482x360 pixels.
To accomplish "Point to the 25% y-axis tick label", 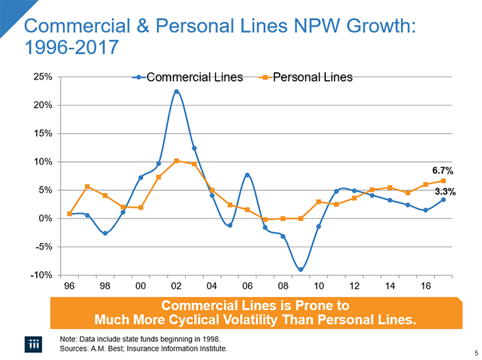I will tap(40, 77).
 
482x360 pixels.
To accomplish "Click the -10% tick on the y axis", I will tap(39, 275).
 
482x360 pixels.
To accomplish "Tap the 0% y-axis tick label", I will tap(43, 218).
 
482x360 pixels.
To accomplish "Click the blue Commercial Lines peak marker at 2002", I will tap(176, 91).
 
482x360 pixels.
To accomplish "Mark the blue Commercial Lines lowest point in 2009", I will tap(301, 270).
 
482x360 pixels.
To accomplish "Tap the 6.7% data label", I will tap(442, 171).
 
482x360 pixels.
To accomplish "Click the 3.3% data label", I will tap(444, 192).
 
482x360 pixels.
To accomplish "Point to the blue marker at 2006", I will tap(247, 175).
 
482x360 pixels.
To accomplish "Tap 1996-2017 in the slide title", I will tap(71, 49).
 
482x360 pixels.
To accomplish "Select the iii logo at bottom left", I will tap(35, 343).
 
